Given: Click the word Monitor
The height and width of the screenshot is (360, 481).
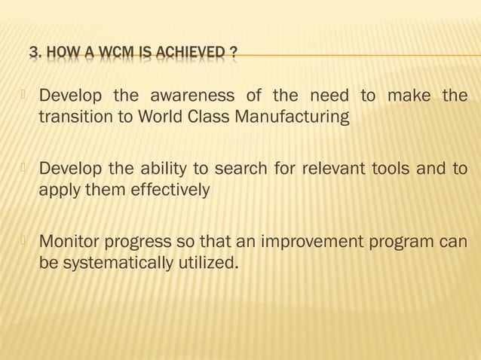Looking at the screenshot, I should point(71,243).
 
